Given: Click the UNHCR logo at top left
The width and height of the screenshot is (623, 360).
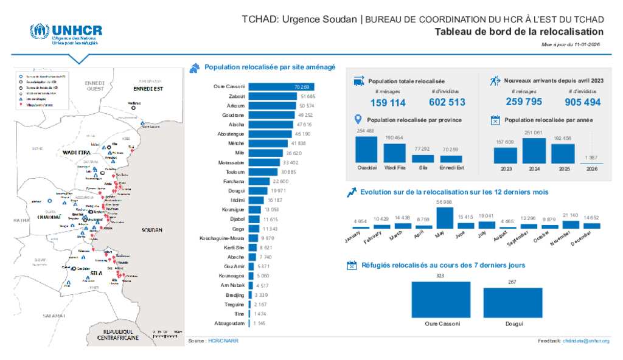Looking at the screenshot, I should (66, 35).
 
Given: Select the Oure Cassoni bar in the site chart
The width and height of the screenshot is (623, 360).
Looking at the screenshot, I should (281, 87).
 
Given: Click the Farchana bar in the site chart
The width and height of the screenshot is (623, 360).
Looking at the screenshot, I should (259, 181).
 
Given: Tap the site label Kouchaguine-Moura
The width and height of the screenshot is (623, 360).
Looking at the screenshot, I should (221, 238).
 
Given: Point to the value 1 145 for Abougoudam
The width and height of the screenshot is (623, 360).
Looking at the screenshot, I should (260, 323).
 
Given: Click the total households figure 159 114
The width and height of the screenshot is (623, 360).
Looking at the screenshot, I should (388, 103).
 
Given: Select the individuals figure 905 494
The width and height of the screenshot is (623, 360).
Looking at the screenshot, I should (582, 102).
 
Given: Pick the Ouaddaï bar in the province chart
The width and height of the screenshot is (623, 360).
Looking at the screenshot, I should (366, 149).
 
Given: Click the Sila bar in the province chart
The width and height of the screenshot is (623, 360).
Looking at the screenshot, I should (423, 158).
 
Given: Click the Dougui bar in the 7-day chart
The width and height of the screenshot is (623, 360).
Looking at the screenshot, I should (512, 302).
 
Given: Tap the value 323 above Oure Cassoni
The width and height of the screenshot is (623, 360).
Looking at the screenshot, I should (440, 276).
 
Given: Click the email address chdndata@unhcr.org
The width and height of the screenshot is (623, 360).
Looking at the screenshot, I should (586, 341).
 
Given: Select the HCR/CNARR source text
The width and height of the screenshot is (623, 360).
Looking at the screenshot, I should (223, 341).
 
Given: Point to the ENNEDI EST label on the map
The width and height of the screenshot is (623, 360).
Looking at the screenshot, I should (149, 89).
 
